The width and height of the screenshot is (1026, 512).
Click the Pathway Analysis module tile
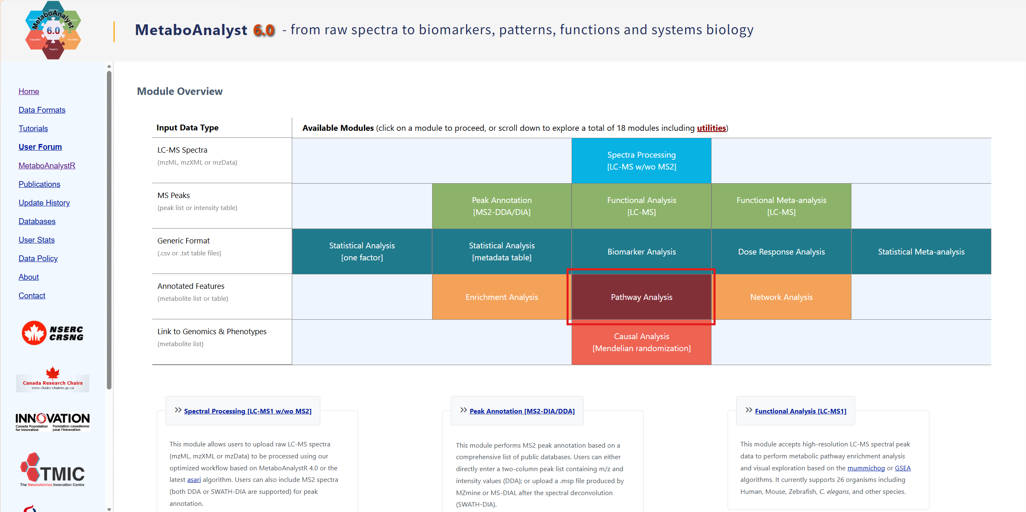click(641, 297)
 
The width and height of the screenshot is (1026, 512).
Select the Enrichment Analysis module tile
click(501, 297)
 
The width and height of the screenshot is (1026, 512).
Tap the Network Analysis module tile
click(781, 297)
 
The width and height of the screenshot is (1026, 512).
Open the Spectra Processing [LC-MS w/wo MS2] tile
click(641, 161)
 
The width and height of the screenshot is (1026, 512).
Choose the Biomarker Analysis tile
click(641, 252)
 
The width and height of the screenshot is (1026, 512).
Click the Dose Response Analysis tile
click(781, 252)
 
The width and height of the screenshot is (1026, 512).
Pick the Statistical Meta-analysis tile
click(921, 252)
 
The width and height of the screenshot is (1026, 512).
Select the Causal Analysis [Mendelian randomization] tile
click(641, 342)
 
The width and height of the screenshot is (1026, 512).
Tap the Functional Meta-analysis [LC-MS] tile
click(781, 206)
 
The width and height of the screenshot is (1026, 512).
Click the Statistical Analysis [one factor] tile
click(362, 252)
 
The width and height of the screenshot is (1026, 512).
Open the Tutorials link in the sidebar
click(33, 128)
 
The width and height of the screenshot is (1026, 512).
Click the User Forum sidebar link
click(40, 147)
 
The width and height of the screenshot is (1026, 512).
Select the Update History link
click(44, 203)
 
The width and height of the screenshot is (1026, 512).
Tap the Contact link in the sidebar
click(32, 295)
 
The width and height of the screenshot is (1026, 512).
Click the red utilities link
click(711, 128)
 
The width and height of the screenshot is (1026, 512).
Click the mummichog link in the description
click(866, 468)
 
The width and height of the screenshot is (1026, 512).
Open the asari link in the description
click(194, 479)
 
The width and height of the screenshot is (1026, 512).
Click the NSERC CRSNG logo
click(52, 333)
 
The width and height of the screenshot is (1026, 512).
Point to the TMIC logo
click(52, 470)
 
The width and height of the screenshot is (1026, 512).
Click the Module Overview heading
click(180, 91)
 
